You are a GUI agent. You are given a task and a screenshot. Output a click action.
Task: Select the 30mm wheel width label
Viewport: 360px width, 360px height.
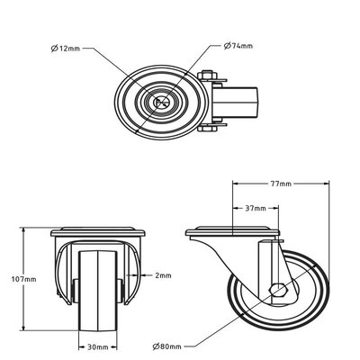tap(98, 346)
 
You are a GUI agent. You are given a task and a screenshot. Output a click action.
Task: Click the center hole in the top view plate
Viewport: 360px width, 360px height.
tap(164, 103)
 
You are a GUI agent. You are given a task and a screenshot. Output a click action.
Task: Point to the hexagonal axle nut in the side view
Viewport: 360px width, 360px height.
tap(279, 292)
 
